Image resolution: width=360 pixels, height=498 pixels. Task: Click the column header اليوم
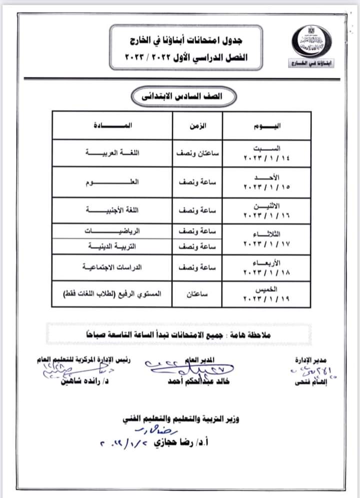(x=267, y=125)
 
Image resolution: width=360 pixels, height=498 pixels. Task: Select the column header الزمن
(x=197, y=125)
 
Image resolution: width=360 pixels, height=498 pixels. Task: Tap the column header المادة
(x=112, y=125)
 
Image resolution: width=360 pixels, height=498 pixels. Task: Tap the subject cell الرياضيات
(x=112, y=232)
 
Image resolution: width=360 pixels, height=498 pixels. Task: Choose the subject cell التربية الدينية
(x=112, y=246)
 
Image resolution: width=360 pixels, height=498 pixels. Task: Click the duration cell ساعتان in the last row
(x=197, y=296)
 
